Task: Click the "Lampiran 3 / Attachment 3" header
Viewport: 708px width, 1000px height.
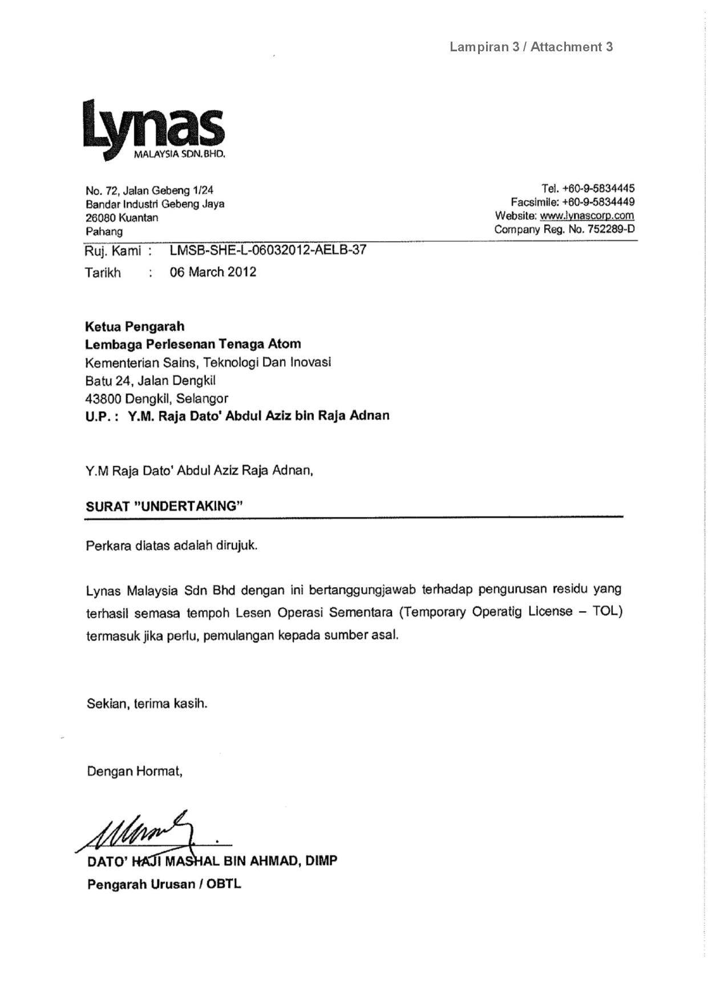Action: pos(531,47)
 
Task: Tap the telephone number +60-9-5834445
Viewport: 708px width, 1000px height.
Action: pos(598,188)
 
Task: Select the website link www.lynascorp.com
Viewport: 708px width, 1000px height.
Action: pos(586,216)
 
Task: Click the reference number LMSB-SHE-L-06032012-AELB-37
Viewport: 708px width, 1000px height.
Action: pos(268,250)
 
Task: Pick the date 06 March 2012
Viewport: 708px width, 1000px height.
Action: pos(213,272)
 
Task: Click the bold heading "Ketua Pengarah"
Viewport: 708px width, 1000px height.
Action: pos(135,327)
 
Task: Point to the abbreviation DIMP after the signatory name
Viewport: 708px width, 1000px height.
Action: pos(321,860)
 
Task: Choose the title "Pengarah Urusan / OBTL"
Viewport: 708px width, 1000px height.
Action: pos(164,884)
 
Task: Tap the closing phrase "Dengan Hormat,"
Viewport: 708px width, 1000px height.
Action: pos(135,771)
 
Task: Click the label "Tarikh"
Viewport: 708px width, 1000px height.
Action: pos(103,273)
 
